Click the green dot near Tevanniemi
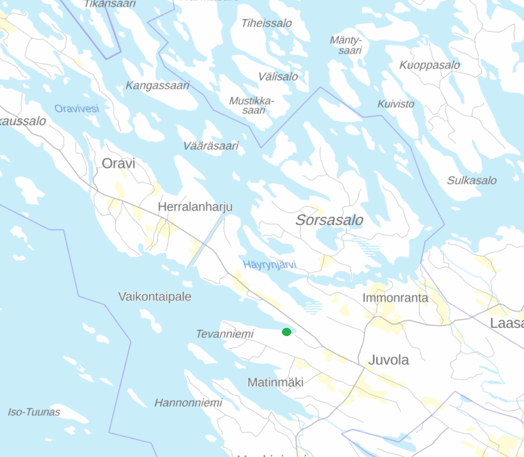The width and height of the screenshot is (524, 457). pos(286,332)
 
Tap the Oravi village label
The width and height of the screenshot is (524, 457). pos(119,163)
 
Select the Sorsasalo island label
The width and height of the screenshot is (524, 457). pos(329,220)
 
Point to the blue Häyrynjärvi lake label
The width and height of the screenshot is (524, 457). pos(270,265)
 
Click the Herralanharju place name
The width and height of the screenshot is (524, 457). pos(195,206)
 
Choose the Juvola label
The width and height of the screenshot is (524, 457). pos(388,360)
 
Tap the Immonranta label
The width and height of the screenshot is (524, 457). pos(395,298)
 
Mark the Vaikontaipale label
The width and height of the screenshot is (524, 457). pos(155,296)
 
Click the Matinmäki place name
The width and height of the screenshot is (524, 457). pos(275,382)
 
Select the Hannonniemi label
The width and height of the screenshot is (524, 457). pos(188,403)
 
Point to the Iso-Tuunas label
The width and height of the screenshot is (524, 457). pos(34,412)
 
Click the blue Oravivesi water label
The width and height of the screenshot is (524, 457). pos(77,108)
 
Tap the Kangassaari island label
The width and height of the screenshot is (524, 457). pos(157,85)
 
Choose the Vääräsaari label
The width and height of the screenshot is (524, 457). pos(211,146)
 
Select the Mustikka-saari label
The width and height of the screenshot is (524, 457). pos(252,105)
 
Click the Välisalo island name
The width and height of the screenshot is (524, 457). pos(278,77)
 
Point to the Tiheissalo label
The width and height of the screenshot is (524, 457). pos(266,23)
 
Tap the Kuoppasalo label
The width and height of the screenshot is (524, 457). pos(430,65)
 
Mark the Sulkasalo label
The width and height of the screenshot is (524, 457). pos(472,180)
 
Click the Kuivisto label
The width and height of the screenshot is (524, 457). pos(396,104)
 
